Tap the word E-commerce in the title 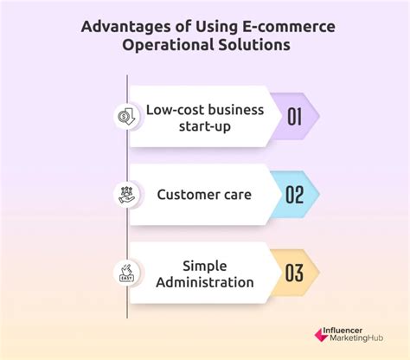[286, 24]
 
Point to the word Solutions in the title [253, 46]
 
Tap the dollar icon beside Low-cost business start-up [126, 115]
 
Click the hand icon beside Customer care [126, 195]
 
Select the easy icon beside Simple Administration [126, 273]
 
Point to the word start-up [206, 125]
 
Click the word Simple [206, 264]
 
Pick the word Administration [206, 283]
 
